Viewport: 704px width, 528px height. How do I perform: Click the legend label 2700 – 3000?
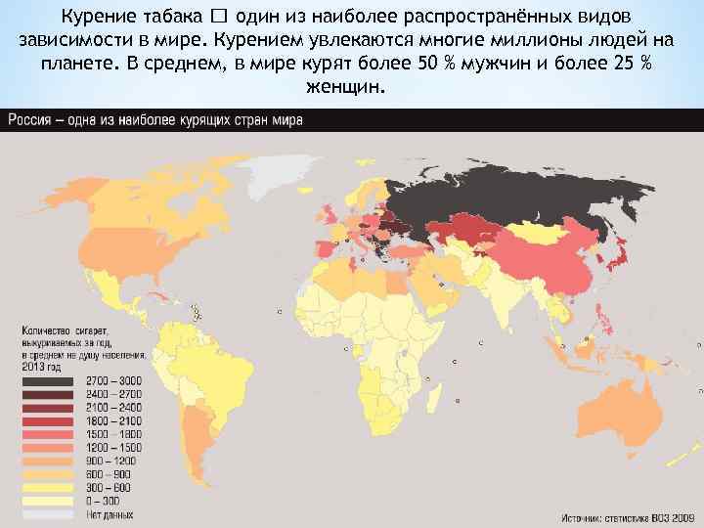pyautogui.click(x=114, y=380)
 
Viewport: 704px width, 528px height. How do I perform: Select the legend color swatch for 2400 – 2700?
pyautogui.click(x=47, y=394)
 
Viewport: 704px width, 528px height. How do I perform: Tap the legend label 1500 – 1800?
pyautogui.click(x=114, y=433)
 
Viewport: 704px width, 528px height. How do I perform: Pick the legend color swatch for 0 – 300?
pyautogui.click(x=47, y=501)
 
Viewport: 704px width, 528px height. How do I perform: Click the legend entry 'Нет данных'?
pyautogui.click(x=110, y=514)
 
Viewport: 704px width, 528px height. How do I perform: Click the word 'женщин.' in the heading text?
pyautogui.click(x=347, y=87)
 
